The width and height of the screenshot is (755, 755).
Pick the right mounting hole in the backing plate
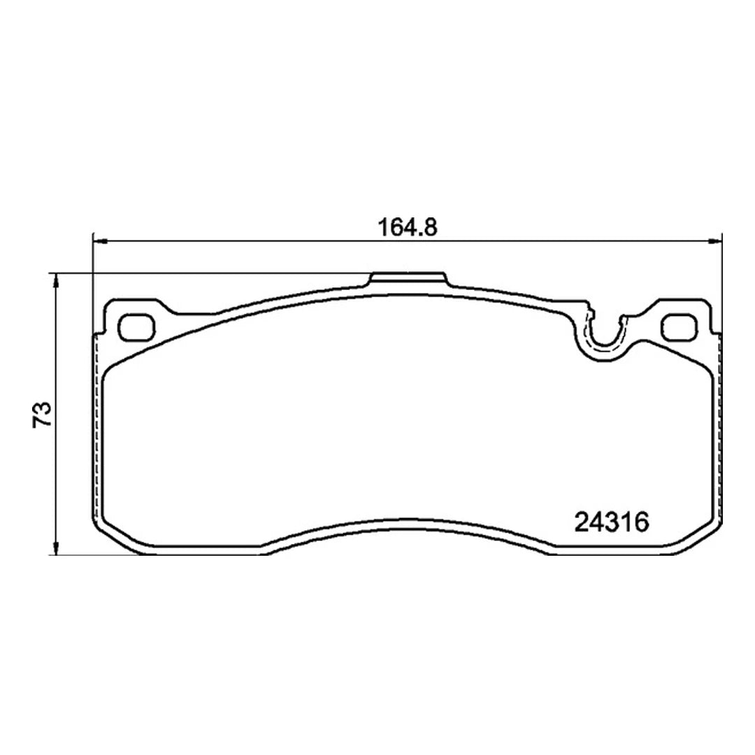coord(678,325)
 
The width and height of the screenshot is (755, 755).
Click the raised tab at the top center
coord(407,280)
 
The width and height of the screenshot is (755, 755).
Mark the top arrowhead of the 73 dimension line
coord(57,280)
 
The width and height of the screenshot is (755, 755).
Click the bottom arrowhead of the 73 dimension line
coord(57,549)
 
